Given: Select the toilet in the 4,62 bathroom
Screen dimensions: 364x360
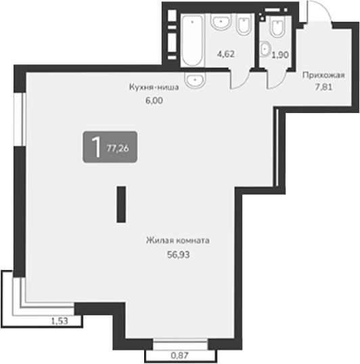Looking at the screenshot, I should pyautogui.click(x=243, y=26).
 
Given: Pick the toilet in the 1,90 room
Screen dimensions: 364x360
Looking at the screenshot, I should pyautogui.click(x=276, y=28).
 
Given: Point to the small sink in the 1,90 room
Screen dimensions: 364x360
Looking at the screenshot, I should pyautogui.click(x=265, y=48).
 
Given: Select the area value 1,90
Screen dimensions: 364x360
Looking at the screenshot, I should pyautogui.click(x=279, y=55).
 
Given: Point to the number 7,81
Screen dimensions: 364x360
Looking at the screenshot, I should pyautogui.click(x=325, y=86).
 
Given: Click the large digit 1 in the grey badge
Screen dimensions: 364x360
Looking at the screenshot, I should pyautogui.click(x=96, y=146).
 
